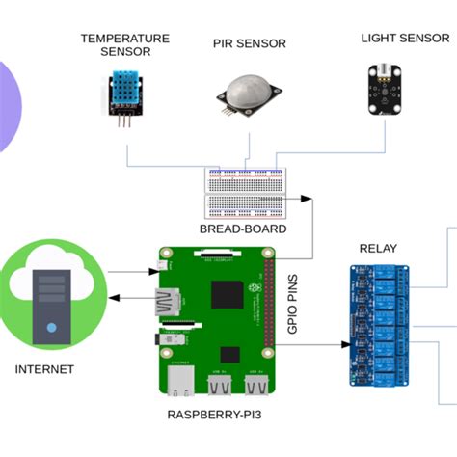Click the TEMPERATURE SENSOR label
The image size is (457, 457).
124,44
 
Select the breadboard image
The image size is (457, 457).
246,193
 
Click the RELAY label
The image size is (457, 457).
378,249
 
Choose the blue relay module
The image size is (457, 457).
382,322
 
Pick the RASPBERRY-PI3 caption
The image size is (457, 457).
214,413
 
